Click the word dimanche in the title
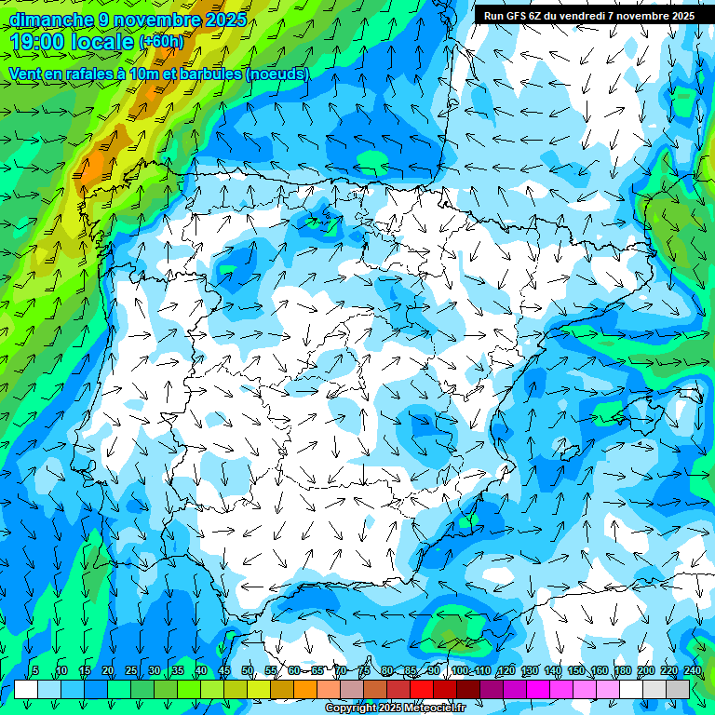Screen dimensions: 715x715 pyautogui.click(x=51, y=20)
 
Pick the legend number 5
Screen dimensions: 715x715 pyautogui.click(x=35, y=670)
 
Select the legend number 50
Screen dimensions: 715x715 pyautogui.click(x=247, y=670)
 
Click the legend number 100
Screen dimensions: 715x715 pyautogui.click(x=460, y=670)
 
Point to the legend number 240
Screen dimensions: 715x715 pyautogui.click(x=693, y=670)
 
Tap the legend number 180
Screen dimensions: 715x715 pyautogui.click(x=623, y=670)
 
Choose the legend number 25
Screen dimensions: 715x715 pyautogui.click(x=130, y=670)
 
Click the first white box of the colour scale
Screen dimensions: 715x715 pyautogui.click(x=26, y=689)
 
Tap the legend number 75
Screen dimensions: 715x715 pyautogui.click(x=363, y=670)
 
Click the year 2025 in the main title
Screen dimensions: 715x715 pyautogui.click(x=223, y=20)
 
